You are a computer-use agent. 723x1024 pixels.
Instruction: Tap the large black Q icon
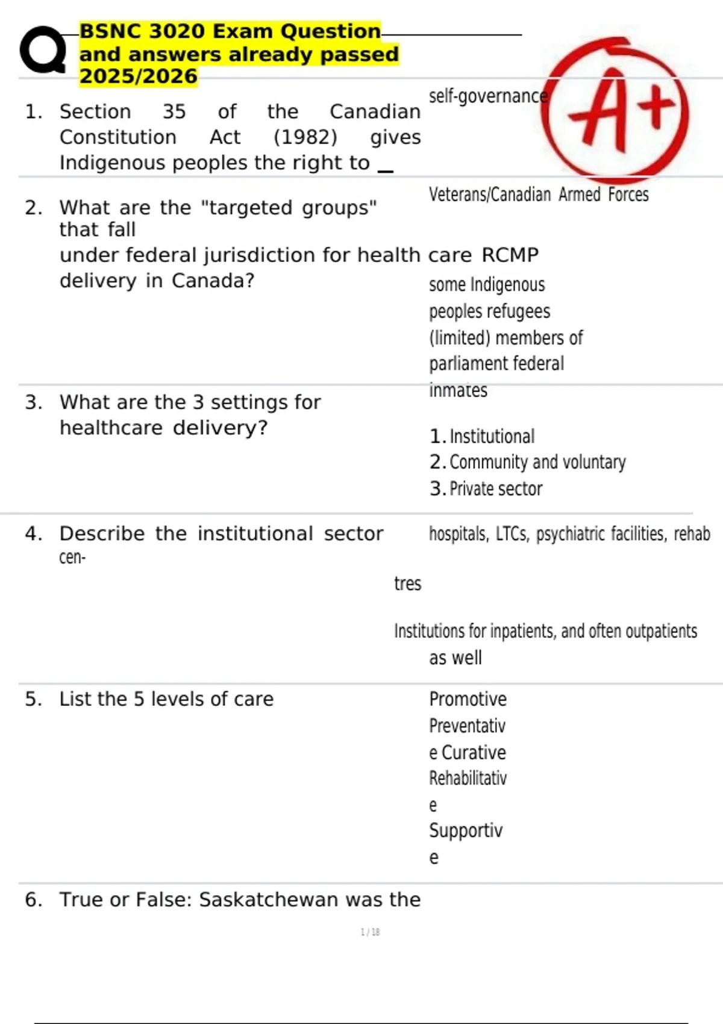click(x=43, y=51)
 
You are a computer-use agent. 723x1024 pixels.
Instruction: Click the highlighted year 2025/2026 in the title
click(x=139, y=76)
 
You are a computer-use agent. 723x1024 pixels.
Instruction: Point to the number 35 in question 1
click(x=174, y=111)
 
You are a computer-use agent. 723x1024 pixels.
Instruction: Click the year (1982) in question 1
click(x=305, y=137)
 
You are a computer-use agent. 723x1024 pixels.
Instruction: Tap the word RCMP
click(x=510, y=255)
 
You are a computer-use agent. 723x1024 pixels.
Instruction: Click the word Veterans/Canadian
click(x=489, y=195)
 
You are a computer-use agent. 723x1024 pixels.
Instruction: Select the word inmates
click(x=458, y=390)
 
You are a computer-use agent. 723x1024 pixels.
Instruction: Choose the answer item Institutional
click(x=492, y=436)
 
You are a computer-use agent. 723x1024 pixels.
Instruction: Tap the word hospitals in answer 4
click(x=458, y=534)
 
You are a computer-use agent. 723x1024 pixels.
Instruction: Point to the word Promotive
click(x=468, y=699)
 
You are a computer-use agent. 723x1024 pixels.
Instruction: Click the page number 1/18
click(x=370, y=932)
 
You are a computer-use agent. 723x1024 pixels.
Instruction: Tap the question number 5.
click(x=33, y=699)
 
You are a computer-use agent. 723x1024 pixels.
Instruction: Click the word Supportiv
click(x=465, y=831)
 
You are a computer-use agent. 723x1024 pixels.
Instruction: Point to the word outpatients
click(x=661, y=631)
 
